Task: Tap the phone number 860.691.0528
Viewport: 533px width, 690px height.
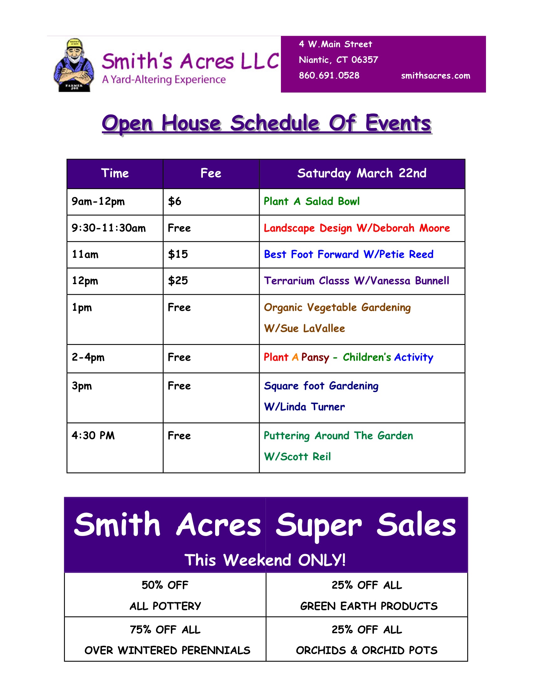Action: (x=329, y=76)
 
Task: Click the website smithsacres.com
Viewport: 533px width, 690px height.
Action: (x=435, y=76)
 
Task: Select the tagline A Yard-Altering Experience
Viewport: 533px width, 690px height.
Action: (x=164, y=80)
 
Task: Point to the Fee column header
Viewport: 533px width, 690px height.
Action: (x=211, y=173)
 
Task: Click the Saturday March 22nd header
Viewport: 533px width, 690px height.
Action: (x=362, y=173)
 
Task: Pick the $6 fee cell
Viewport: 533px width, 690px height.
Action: (x=175, y=201)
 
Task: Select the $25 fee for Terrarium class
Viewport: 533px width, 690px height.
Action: (x=178, y=281)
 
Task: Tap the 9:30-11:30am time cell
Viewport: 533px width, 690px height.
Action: (x=108, y=228)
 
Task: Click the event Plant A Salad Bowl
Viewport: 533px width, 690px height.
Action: (x=312, y=202)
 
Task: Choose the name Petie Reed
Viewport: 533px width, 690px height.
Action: (x=406, y=254)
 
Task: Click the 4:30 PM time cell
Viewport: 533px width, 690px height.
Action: (x=93, y=436)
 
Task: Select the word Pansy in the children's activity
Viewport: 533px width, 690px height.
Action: (x=315, y=357)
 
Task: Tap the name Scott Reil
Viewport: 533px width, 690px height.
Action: (x=306, y=457)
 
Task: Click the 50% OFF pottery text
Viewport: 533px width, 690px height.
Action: (x=165, y=596)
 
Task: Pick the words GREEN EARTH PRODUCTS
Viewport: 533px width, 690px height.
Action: (x=369, y=606)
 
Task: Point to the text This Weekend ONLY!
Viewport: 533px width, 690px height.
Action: (x=265, y=560)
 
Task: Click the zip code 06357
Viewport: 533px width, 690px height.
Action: (x=365, y=60)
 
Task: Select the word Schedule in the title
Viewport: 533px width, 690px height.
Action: (x=275, y=123)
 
